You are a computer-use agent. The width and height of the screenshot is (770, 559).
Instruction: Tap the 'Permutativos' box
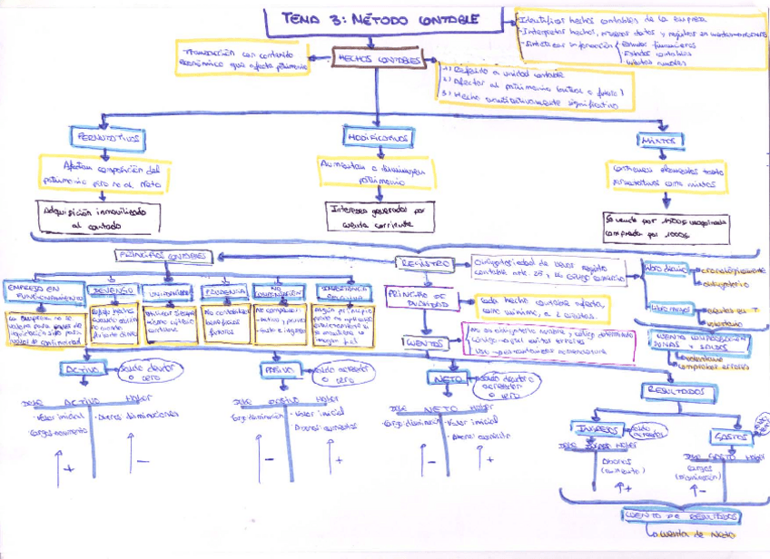pos(110,137)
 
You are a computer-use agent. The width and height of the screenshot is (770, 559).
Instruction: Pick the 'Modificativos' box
pos(377,137)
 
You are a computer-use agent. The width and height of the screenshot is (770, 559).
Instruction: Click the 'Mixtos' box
pos(659,141)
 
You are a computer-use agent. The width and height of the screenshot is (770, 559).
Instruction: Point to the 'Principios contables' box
pos(164,257)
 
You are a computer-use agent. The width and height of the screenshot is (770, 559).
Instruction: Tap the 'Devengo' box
pos(114,290)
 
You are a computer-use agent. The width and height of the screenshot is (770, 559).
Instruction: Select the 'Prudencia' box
pos(224,292)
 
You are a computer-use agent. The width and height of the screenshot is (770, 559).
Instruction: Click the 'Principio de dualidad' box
pos(418,300)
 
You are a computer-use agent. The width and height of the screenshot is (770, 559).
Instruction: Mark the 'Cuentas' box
pos(425,345)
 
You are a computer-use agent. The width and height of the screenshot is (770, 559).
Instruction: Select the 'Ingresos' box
pos(596,429)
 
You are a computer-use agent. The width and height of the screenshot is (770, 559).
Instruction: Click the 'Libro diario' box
pos(666,270)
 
